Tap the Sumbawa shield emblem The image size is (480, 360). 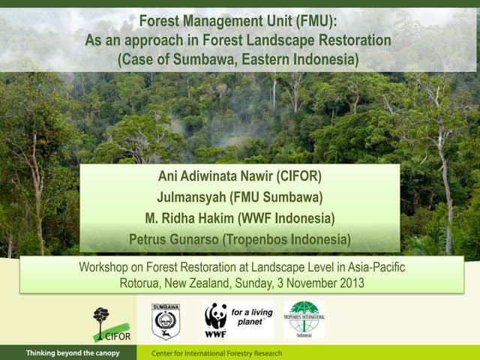(x=166, y=321)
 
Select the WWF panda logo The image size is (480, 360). (x=216, y=318)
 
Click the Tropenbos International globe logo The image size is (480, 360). (x=304, y=319)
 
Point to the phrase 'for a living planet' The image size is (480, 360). (x=250, y=316)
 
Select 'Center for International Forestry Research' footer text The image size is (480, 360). (x=217, y=353)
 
